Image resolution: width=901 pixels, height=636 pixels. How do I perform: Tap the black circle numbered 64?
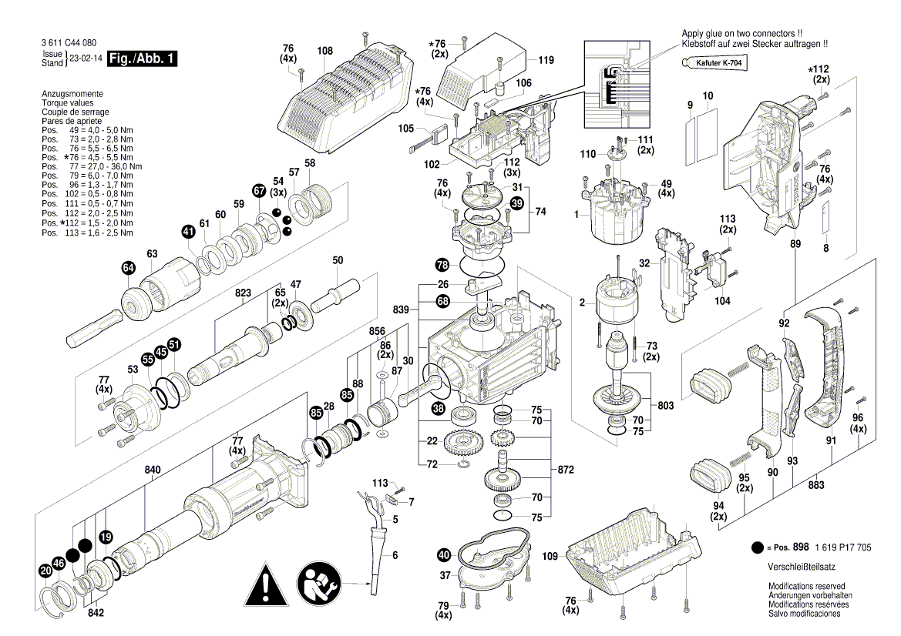128,268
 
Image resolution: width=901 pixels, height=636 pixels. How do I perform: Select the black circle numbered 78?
442,265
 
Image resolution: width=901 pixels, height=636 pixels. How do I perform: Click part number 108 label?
324,52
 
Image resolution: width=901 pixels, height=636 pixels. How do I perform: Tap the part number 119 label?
546,60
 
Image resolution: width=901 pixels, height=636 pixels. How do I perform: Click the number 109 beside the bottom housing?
550,555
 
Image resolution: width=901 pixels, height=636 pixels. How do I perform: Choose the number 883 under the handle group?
816,485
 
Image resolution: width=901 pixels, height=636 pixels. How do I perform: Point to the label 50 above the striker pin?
338,261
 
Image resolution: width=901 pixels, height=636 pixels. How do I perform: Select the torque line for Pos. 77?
92,166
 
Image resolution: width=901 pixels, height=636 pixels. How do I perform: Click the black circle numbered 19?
106,537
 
